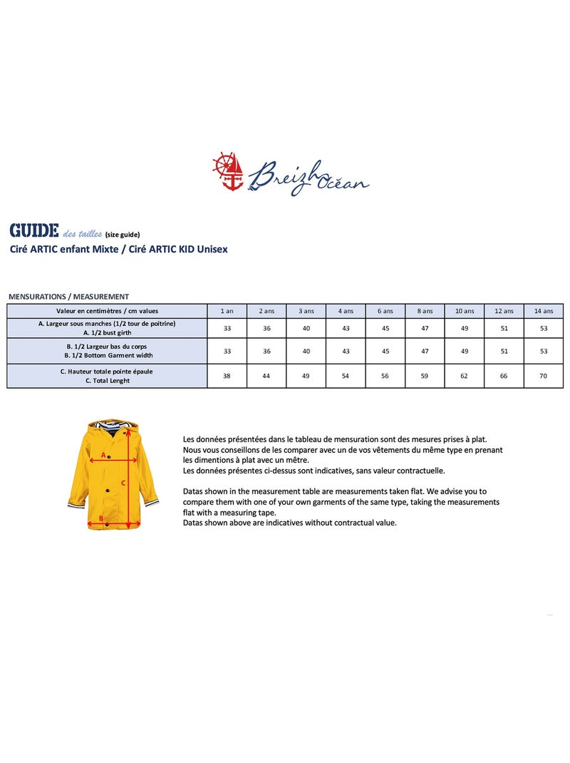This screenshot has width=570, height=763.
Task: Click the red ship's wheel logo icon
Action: click(x=228, y=170)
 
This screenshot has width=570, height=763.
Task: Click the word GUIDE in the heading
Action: click(x=33, y=231)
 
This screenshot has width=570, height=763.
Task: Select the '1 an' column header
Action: click(x=227, y=311)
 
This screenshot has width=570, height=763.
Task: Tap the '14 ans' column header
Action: click(x=544, y=311)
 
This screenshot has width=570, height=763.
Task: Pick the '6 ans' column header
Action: click(x=385, y=311)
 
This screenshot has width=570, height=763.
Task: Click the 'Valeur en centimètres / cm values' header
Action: click(x=107, y=311)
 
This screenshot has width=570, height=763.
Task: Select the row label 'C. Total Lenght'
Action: click(x=107, y=381)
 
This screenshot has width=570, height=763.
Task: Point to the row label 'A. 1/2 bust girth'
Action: click(x=107, y=332)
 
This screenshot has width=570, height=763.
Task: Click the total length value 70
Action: click(x=544, y=376)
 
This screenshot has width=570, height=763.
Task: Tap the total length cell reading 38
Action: click(x=227, y=376)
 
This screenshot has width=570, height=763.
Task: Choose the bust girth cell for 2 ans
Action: click(x=266, y=328)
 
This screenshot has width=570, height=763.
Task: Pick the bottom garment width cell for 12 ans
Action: click(x=504, y=351)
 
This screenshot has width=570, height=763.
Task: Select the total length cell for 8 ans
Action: click(x=425, y=376)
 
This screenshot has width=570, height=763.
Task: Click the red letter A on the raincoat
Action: click(x=103, y=454)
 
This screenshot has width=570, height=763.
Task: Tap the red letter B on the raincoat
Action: click(x=101, y=518)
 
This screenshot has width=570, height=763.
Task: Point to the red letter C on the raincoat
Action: click(x=123, y=483)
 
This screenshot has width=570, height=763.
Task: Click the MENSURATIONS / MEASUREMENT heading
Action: click(x=68, y=297)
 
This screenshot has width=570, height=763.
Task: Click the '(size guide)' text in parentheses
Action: click(x=123, y=234)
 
